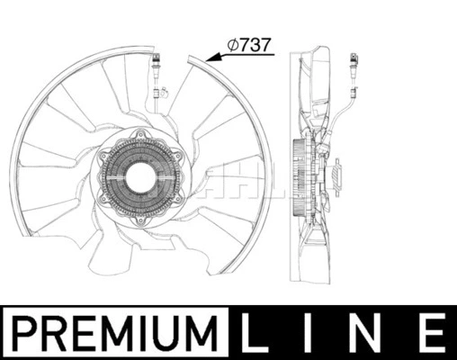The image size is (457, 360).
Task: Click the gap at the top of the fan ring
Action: pos(175,56)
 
